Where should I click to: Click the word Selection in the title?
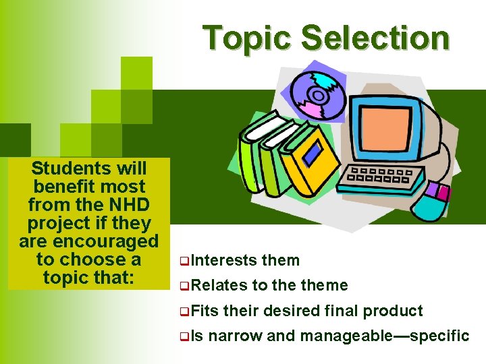pyautogui.click(x=375, y=38)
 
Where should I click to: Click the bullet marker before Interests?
pyautogui.click(x=184, y=261)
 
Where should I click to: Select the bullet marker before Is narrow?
pyautogui.click(x=184, y=336)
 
